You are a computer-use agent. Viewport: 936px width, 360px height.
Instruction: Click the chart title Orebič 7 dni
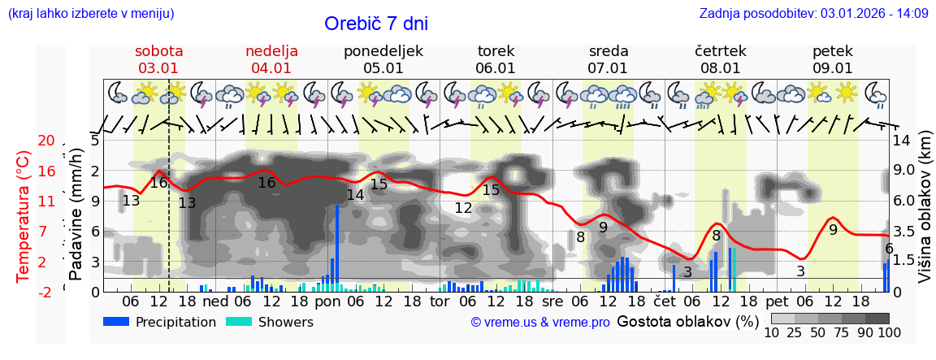pyautogui.click(x=375, y=24)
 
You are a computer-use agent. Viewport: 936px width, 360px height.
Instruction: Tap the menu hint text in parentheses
pyautogui.click(x=90, y=13)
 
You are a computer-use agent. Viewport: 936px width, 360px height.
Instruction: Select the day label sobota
pyautogui.click(x=158, y=51)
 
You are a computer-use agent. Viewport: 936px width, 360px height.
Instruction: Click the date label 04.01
pyautogui.click(x=271, y=68)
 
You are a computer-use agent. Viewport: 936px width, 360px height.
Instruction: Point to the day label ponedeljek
pyautogui.click(x=383, y=51)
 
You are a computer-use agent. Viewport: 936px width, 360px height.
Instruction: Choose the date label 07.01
pyautogui.click(x=608, y=68)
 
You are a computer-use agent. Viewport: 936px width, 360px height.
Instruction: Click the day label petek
pyautogui.click(x=833, y=51)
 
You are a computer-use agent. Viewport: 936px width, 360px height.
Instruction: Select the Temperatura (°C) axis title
pyautogui.click(x=24, y=216)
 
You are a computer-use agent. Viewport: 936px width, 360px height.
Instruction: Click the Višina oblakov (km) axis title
pyautogui.click(x=925, y=216)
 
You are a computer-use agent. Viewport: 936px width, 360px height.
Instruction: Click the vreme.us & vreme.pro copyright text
pyautogui.click(x=540, y=322)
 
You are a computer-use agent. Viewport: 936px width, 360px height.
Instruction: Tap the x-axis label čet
pyautogui.click(x=665, y=301)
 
